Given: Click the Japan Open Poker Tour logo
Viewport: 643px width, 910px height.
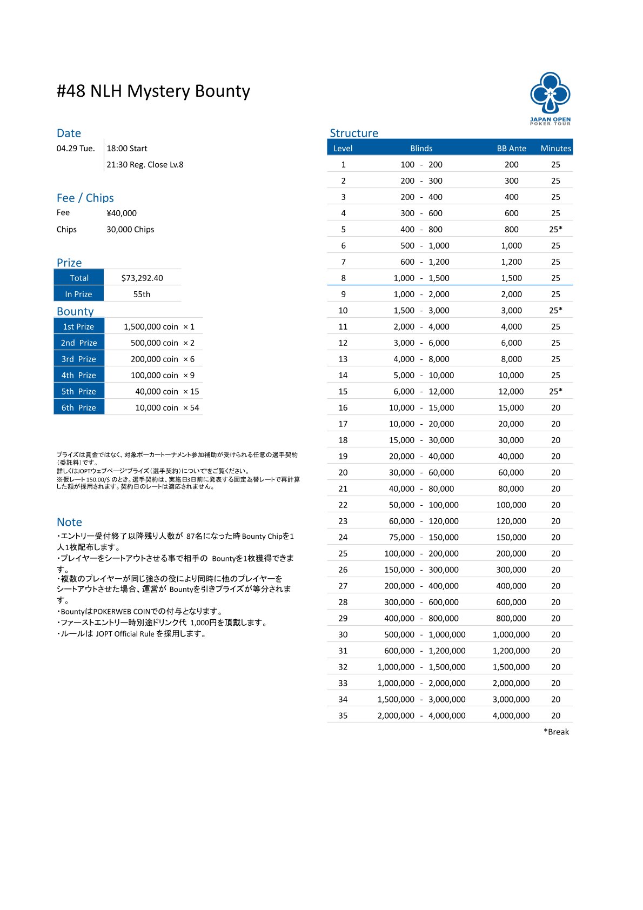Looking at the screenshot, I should tap(550, 98).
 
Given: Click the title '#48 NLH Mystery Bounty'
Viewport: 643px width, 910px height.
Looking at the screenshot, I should tap(153, 91).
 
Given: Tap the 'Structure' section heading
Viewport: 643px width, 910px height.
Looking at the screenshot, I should tap(354, 133).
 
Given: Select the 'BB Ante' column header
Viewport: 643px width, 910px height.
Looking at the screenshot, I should tap(511, 148).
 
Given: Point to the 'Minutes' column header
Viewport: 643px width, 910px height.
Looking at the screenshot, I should tap(555, 148).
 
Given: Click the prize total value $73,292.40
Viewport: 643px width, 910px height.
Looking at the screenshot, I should tap(142, 278).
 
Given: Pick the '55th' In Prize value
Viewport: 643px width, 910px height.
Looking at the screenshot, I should tap(142, 294).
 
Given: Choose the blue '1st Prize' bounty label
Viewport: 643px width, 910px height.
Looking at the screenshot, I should tap(79, 326).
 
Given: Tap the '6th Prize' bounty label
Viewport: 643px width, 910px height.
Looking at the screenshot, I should tap(79, 407).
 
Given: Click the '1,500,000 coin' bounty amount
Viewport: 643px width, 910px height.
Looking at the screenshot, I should tap(151, 326).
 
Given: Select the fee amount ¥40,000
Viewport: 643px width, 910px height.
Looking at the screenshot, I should tap(122, 213).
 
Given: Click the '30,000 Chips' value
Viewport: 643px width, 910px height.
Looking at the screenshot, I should tap(130, 229).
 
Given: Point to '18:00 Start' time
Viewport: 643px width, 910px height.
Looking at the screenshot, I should tap(127, 148).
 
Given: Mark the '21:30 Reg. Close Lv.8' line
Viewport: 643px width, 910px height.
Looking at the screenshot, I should tap(145, 164).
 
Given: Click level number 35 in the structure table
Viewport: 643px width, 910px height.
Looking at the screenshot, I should tap(343, 715).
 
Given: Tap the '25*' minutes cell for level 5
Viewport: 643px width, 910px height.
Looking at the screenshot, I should tap(555, 229).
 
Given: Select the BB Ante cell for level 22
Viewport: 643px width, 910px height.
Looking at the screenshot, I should tap(511, 505).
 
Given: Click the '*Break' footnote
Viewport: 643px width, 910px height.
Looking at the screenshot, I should tap(556, 732).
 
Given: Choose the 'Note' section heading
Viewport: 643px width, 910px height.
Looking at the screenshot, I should tap(69, 522).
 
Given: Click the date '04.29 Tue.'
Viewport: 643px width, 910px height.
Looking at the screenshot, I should tap(76, 148).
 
